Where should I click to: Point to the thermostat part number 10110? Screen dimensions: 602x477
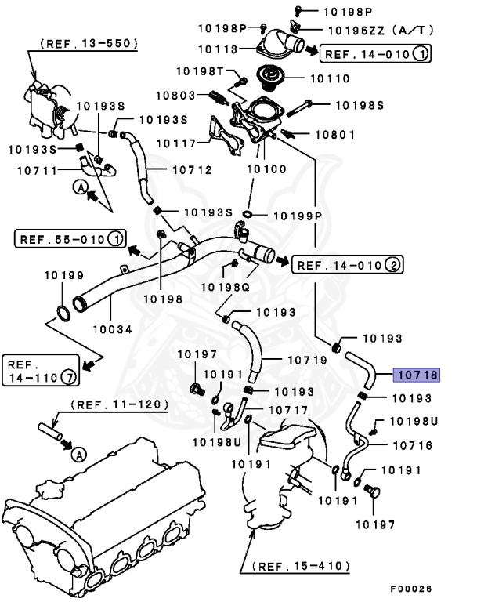332,79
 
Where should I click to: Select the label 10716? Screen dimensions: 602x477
411,445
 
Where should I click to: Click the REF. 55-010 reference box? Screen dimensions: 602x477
69,238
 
